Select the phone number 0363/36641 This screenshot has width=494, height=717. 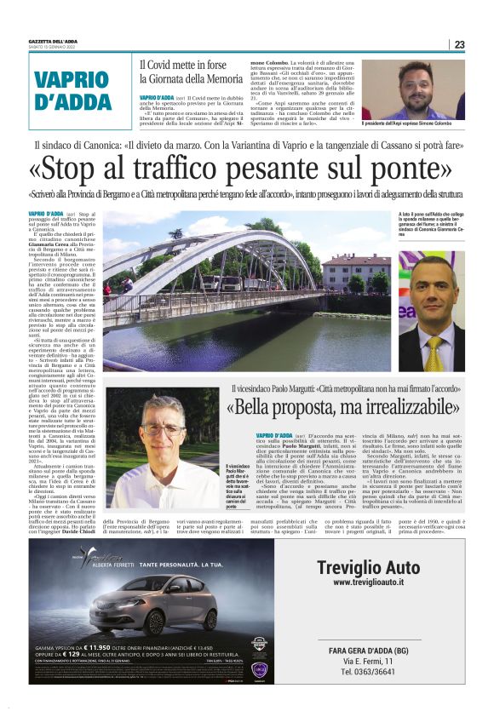click(x=368, y=672)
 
